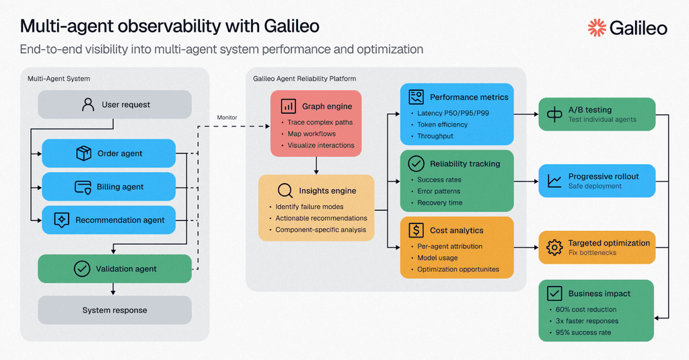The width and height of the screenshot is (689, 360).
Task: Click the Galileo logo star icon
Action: pyautogui.click(x=596, y=28)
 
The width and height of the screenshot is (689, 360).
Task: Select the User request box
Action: pyautogui.click(x=114, y=104)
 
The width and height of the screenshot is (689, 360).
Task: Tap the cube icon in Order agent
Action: pyautogui.click(x=83, y=153)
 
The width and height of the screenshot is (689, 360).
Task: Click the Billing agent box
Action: pyautogui.click(x=108, y=186)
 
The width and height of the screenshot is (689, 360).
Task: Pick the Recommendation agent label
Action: pyautogui.click(x=120, y=220)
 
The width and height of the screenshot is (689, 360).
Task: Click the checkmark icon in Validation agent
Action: pyautogui.click(x=81, y=268)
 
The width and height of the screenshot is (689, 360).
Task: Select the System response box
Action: pyautogui.click(x=114, y=310)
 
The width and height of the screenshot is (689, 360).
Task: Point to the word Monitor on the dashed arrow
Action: pyautogui.click(x=227, y=118)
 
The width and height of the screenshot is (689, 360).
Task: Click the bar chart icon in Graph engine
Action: pyautogui.click(x=289, y=106)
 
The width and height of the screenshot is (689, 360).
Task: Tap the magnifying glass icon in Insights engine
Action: pyautogui.click(x=285, y=191)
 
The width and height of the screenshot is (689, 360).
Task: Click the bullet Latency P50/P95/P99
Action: pyautogui.click(x=453, y=113)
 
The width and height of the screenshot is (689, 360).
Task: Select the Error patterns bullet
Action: pyautogui.click(x=439, y=191)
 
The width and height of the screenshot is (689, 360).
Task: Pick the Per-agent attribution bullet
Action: pyautogui.click(x=449, y=246)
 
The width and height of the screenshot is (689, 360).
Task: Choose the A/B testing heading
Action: pyautogui.click(x=590, y=110)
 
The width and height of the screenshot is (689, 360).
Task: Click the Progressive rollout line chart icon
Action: pyautogui.click(x=554, y=180)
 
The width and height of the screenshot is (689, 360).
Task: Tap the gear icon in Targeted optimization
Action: pyautogui.click(x=554, y=247)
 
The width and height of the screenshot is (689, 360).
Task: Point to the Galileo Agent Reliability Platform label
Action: pyautogui.click(x=304, y=79)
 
